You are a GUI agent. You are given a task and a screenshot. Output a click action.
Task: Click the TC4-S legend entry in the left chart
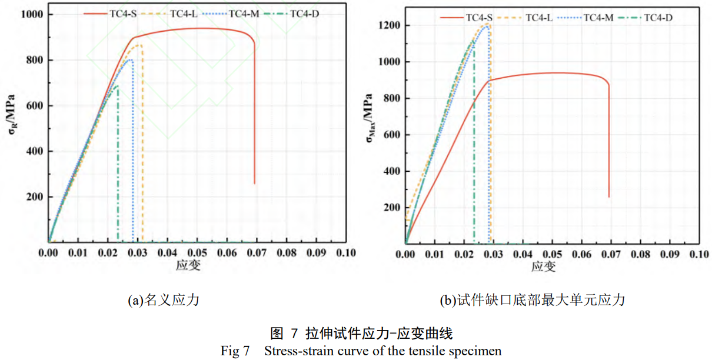(112, 12)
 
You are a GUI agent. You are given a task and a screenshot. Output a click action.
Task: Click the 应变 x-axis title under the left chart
(188, 266)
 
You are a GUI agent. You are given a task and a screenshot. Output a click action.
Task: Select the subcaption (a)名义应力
(164, 301)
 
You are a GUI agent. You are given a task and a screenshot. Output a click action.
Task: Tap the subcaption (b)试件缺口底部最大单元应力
(532, 301)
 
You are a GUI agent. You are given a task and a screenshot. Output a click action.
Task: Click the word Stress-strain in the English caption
(294, 351)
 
